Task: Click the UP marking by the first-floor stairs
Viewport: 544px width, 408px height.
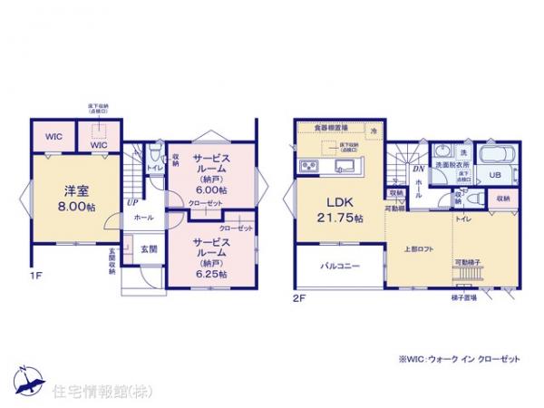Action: (x=132, y=204)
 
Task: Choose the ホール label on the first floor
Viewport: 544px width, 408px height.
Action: (x=142, y=219)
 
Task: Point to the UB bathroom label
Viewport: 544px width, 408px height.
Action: (x=496, y=175)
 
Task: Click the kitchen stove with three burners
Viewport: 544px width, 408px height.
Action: (x=306, y=166)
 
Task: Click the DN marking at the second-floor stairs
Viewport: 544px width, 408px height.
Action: (x=419, y=169)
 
